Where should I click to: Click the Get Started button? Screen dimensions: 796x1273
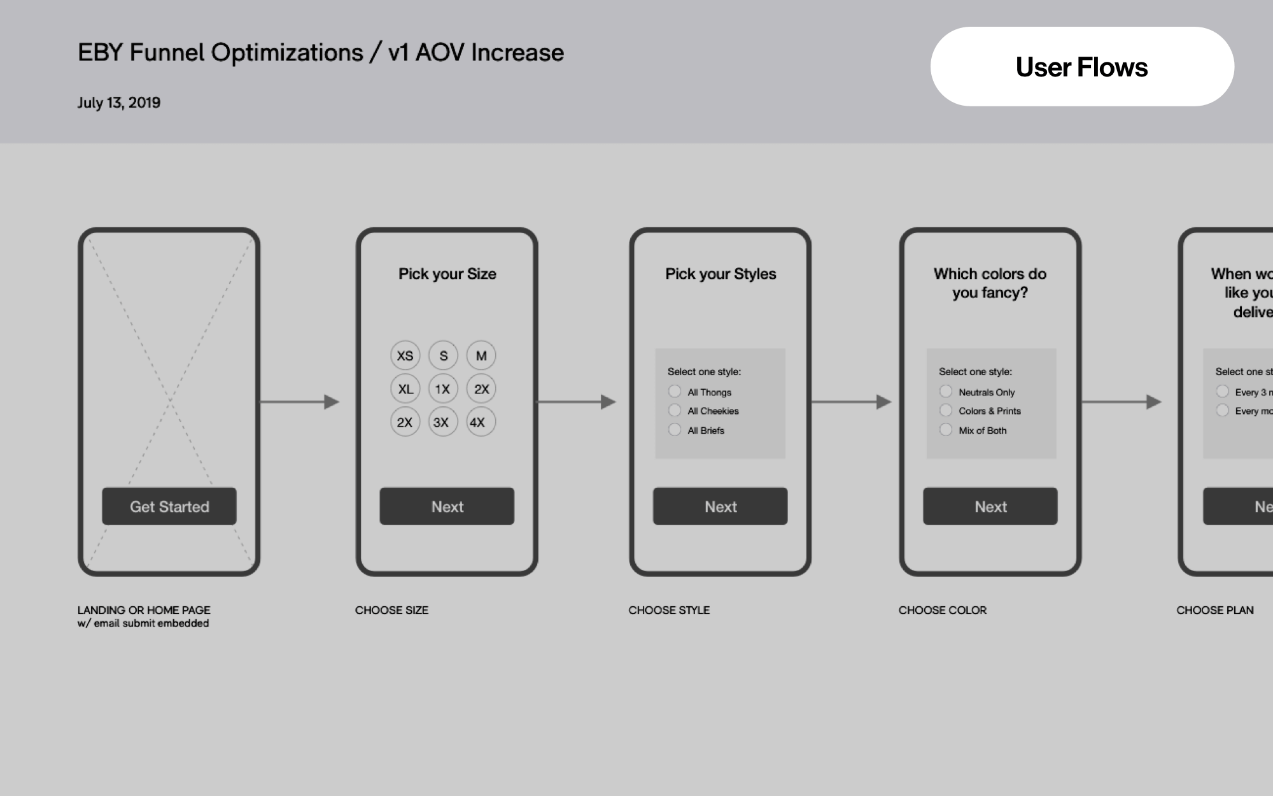tap(169, 506)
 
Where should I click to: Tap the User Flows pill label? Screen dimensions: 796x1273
tap(1081, 67)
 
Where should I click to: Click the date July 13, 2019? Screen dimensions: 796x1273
tap(119, 103)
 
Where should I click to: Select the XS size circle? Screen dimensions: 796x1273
tap(405, 355)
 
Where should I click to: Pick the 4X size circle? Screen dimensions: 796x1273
tap(481, 422)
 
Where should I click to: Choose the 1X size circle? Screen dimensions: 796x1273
tap(443, 388)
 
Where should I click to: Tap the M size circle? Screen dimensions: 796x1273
tap(481, 355)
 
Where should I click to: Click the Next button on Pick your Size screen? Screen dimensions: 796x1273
tap(447, 506)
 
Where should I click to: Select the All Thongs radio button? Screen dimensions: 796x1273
tap(675, 392)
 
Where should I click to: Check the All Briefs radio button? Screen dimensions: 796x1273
tap(675, 430)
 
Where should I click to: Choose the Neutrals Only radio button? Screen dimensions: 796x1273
tap(946, 392)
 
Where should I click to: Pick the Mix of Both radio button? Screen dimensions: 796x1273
tap(946, 430)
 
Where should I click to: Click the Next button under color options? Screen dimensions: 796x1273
tap(990, 506)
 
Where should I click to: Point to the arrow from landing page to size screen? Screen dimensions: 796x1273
tap(299, 402)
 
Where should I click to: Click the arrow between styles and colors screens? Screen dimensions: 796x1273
tap(850, 402)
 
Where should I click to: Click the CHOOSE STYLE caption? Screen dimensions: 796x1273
tap(669, 610)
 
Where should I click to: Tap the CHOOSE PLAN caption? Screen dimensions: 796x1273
tap(1214, 610)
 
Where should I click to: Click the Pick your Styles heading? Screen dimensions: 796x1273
tap(721, 274)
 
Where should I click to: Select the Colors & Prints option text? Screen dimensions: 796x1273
tap(990, 411)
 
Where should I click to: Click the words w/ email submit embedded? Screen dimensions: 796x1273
tap(143, 623)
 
